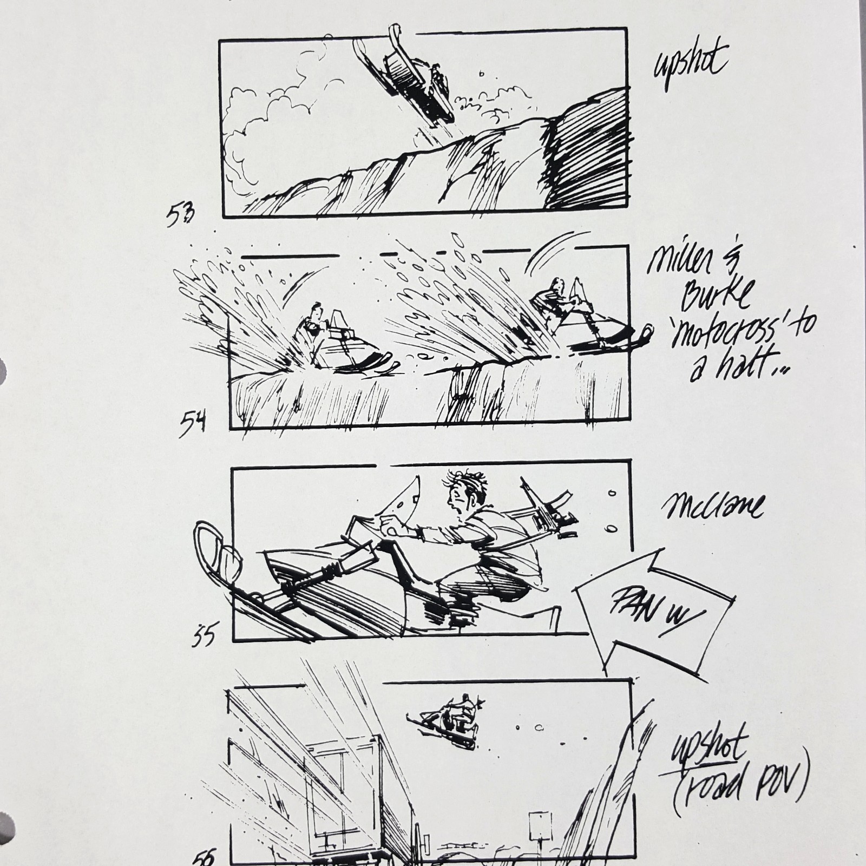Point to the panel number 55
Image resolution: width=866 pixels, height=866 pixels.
[x=204, y=634]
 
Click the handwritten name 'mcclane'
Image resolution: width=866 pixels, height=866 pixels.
[x=713, y=507]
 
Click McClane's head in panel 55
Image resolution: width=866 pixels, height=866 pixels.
[x=464, y=490]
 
